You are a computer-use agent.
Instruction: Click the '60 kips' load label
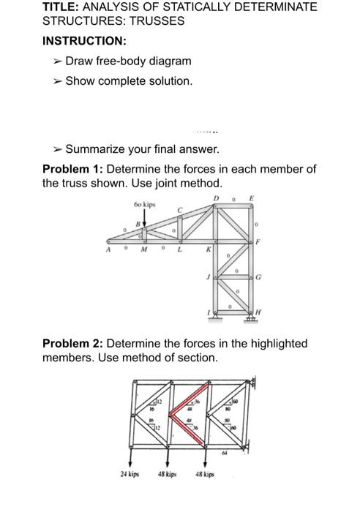[x=145, y=204]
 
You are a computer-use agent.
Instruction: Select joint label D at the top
[x=215, y=199]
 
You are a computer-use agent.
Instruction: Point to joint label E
[x=253, y=199]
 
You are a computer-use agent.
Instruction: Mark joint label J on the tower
[x=208, y=276]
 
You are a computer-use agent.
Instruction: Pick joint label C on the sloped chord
[x=181, y=210]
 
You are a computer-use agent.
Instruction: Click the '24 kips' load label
[x=131, y=474]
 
